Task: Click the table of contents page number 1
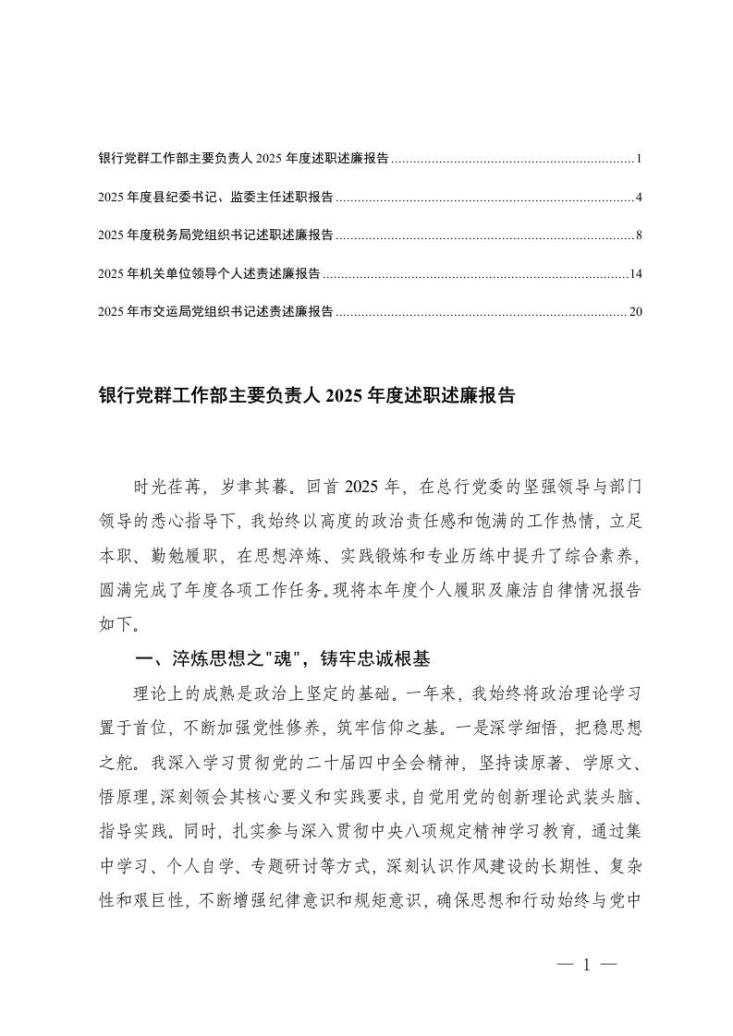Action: pos(639,159)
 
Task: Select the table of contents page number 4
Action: pos(639,198)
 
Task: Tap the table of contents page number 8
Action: pos(639,235)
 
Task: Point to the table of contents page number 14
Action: pos(635,273)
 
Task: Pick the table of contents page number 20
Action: pos(635,312)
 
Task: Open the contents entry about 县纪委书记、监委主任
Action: pos(215,198)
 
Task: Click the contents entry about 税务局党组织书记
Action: pos(215,235)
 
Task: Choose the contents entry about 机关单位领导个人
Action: pos(209,273)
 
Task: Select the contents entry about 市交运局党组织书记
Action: pos(215,312)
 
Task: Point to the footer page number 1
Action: pos(587,966)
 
